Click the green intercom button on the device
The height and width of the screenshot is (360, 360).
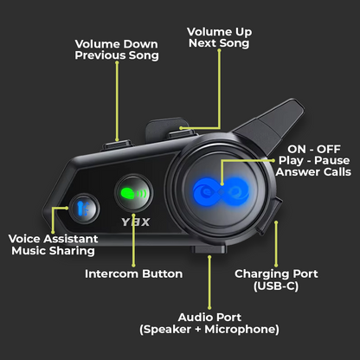click(x=133, y=193)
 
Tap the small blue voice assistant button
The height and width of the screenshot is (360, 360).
click(x=84, y=209)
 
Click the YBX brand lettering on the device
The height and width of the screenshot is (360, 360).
click(x=136, y=222)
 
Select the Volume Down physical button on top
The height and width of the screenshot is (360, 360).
click(x=117, y=145)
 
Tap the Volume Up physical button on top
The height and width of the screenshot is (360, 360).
click(x=183, y=133)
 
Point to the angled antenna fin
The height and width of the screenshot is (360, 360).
click(x=270, y=125)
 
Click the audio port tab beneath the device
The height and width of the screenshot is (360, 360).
click(x=209, y=249)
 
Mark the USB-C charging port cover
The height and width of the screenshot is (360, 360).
click(x=269, y=215)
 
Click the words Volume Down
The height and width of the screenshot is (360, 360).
click(x=117, y=44)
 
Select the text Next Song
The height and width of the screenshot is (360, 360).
click(x=219, y=43)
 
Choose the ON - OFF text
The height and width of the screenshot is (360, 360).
click(x=314, y=149)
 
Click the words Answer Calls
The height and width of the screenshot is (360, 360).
click(x=313, y=171)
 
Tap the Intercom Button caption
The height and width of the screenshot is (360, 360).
click(x=133, y=273)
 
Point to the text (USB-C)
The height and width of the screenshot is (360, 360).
click(x=276, y=286)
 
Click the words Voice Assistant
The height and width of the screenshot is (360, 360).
click(x=54, y=239)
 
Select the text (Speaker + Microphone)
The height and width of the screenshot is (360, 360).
click(x=209, y=329)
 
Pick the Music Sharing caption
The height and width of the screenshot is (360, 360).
click(x=54, y=251)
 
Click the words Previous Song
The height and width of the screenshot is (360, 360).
click(x=117, y=55)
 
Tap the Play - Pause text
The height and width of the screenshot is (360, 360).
click(x=314, y=160)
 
